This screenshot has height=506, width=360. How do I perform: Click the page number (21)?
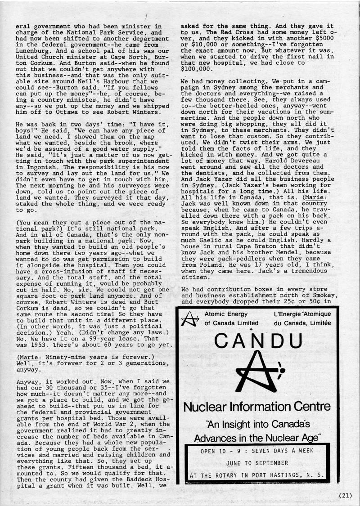tap(345, 496)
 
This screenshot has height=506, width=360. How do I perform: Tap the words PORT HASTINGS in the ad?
tap(284, 475)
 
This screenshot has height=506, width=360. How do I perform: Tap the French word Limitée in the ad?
tap(317, 323)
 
